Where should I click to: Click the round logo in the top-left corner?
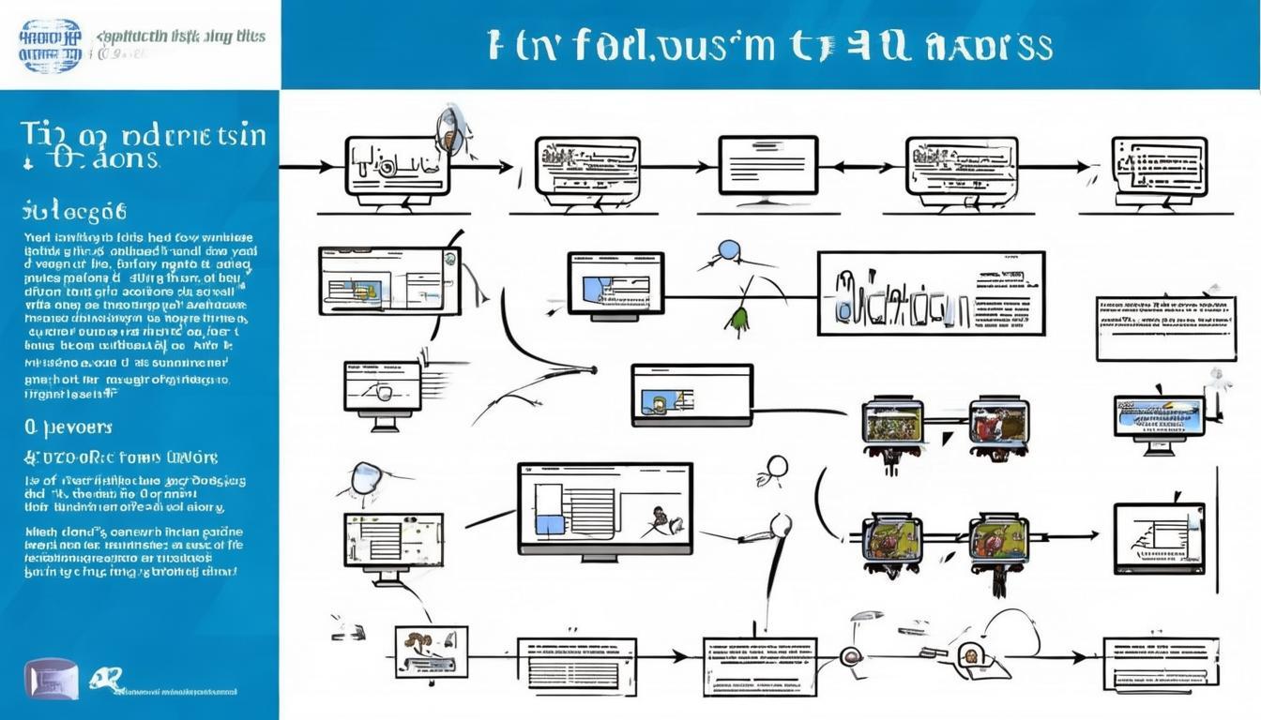point(51,45)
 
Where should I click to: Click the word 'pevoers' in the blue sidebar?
point(71,427)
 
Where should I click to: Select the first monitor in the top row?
point(397,168)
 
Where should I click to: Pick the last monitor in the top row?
point(1160,170)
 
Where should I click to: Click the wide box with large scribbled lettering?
point(930,292)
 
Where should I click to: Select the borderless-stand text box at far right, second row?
point(1165,328)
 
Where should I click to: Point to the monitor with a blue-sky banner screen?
point(1159,417)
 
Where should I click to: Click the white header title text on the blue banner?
point(769,45)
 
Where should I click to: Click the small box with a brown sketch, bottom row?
point(431,650)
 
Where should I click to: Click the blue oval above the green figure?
point(728,251)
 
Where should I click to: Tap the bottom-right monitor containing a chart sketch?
point(1159,538)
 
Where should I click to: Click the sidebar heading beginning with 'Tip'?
point(141,145)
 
